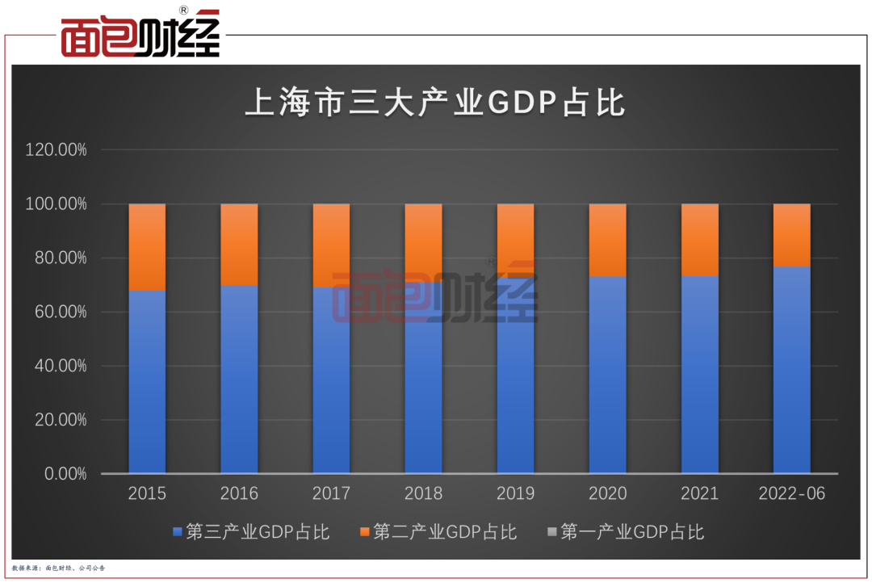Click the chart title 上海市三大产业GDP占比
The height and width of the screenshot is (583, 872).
pos(435,105)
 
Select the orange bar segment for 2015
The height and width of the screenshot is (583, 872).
pos(147,246)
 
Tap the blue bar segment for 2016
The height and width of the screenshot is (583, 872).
pos(239,379)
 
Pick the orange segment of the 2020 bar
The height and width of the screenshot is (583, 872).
pos(607,240)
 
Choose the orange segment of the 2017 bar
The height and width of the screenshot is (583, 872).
pos(331,245)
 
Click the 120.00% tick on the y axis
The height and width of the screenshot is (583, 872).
pos(57,150)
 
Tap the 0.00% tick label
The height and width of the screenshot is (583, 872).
pos(64,474)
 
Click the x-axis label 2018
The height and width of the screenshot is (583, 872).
pos(423,493)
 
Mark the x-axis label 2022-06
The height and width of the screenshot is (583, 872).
pos(792,493)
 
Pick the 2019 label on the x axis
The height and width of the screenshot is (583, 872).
pos(515,493)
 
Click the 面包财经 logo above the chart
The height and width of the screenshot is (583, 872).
pos(140,34)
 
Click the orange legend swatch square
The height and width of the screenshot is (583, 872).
pos(365,532)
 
